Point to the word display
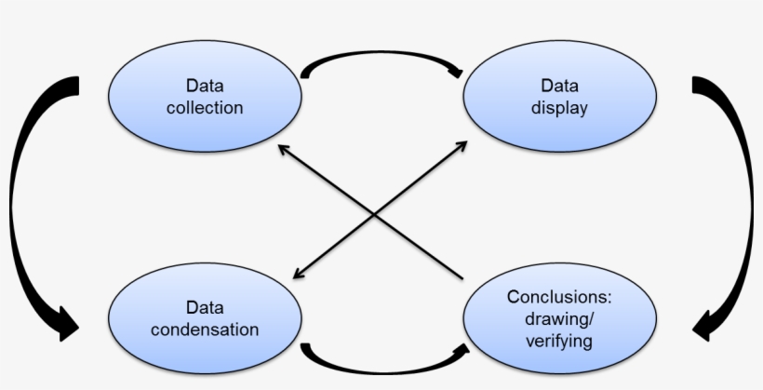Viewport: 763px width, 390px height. [559, 108]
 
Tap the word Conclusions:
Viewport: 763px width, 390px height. [558, 297]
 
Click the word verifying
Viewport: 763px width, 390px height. [558, 342]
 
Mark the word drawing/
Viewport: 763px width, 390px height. [558, 319]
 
